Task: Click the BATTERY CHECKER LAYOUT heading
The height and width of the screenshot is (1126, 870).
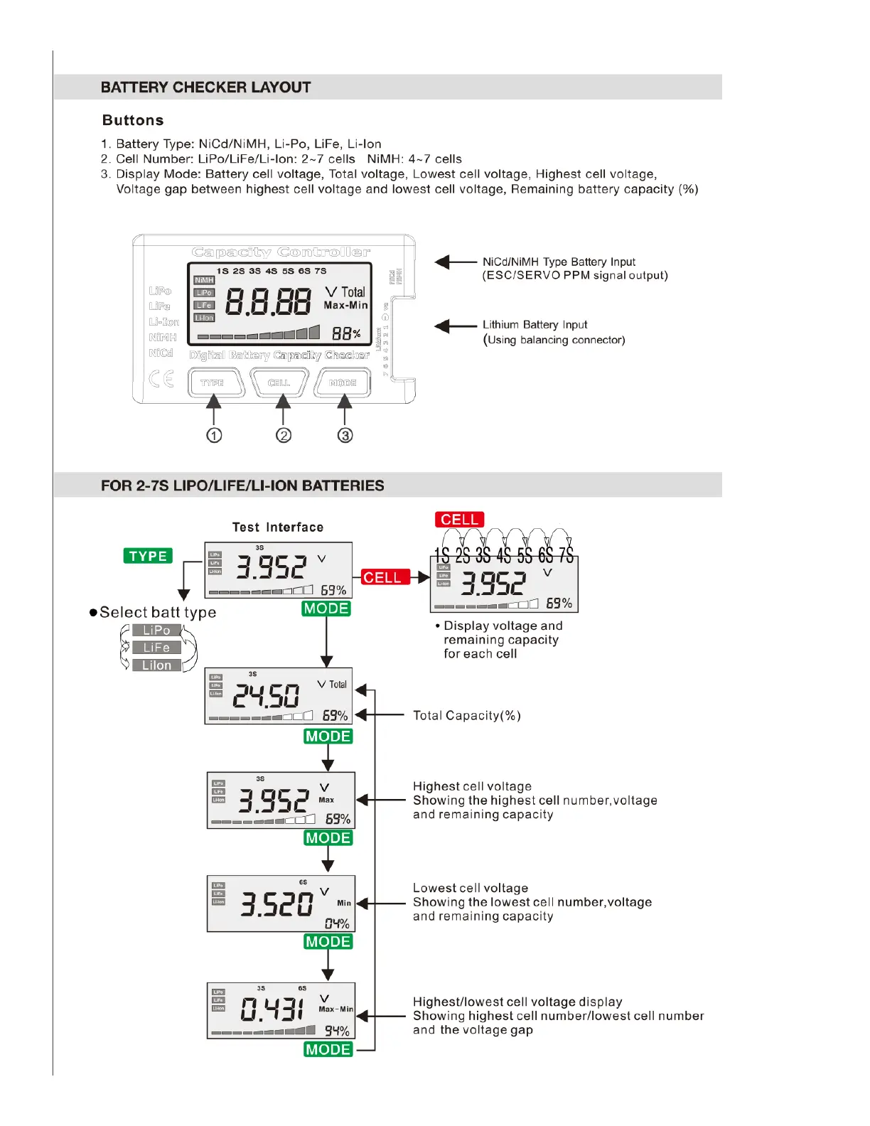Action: tap(205, 87)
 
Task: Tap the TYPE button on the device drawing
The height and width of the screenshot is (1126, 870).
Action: tap(213, 382)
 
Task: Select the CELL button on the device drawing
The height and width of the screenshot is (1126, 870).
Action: tap(279, 382)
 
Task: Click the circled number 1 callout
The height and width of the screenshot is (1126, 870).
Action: tap(214, 435)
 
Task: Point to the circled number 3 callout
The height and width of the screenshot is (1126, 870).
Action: tap(345, 435)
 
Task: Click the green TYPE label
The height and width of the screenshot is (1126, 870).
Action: tap(148, 556)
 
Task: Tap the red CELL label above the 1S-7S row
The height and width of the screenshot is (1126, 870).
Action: tap(459, 520)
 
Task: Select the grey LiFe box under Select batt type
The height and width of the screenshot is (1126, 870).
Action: tap(156, 648)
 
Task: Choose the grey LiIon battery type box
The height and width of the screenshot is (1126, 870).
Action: tap(156, 665)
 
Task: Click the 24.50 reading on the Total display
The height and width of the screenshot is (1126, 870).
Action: tap(267, 697)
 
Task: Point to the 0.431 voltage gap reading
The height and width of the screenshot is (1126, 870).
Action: tap(272, 1009)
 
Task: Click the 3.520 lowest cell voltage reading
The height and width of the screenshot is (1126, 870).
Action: tap(276, 904)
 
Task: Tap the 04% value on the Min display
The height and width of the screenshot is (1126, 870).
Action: tap(337, 923)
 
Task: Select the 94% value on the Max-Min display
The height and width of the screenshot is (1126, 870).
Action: tap(337, 1031)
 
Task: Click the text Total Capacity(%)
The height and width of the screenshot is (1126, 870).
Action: tap(467, 715)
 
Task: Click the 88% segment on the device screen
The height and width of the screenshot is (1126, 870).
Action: tap(346, 333)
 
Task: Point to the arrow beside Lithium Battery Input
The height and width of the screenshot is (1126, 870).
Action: tap(455, 326)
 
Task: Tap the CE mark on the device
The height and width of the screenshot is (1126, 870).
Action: tap(161, 379)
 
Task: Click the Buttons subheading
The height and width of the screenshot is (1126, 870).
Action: tap(133, 120)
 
